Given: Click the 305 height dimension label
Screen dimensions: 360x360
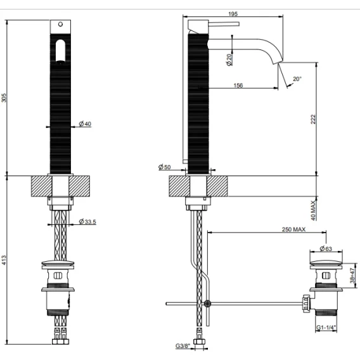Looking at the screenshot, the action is pos(4,98).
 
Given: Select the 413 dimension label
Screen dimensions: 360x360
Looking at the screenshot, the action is pos(4,260).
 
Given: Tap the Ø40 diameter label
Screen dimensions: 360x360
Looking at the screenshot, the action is pos(85,124).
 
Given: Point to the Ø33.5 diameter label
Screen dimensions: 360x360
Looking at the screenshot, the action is pos(87,222).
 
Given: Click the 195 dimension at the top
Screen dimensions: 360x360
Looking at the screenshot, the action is pos(233,14).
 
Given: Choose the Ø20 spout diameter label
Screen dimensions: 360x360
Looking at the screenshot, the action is pos(229,60).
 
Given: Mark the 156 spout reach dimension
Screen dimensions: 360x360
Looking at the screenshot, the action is pos(238,86).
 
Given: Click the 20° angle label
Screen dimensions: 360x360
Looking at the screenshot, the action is pos(297,79).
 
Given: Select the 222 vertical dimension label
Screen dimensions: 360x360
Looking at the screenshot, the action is pos(313,119).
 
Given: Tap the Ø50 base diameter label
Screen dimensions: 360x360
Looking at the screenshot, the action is pos(165,167).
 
